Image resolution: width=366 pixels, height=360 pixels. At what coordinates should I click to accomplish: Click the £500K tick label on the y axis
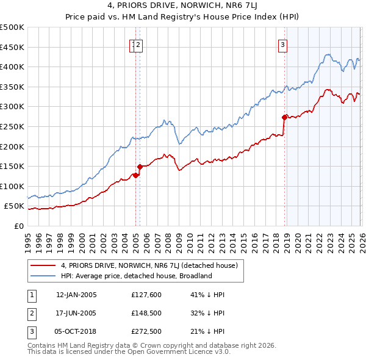(12, 27)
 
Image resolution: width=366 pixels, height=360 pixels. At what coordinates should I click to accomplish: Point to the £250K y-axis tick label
(12, 126)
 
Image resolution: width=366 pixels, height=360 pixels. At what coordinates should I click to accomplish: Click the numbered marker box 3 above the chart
(284, 44)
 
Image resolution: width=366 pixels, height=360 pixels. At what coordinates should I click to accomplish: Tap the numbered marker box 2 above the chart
(138, 44)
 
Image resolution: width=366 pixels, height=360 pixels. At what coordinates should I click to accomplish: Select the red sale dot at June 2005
(140, 167)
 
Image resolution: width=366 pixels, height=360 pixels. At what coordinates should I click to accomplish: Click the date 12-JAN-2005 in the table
(76, 295)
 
